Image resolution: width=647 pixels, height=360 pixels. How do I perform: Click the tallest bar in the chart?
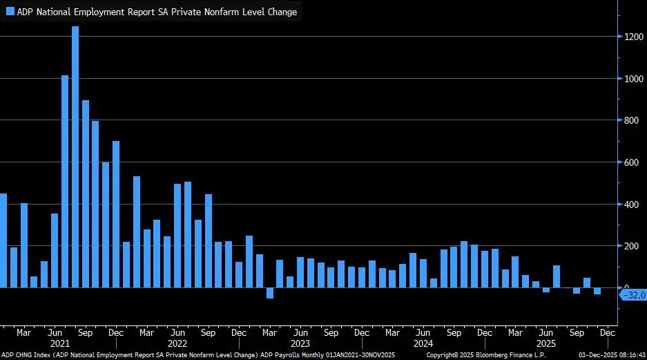pos(75,156)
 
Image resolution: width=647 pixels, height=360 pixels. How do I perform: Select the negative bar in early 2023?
pos(270,293)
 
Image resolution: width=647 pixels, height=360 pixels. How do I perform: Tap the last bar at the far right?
pos(597,291)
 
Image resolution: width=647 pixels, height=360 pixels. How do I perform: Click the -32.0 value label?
pos(634,295)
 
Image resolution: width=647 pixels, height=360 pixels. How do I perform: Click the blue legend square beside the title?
pos(10,12)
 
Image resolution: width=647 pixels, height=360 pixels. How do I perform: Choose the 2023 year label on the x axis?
pos(300,343)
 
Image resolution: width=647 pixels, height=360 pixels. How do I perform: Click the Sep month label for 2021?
pos(85,332)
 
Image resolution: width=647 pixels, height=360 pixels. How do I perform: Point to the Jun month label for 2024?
pos(423,332)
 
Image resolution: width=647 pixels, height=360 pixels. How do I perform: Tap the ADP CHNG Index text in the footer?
pos(28,354)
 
